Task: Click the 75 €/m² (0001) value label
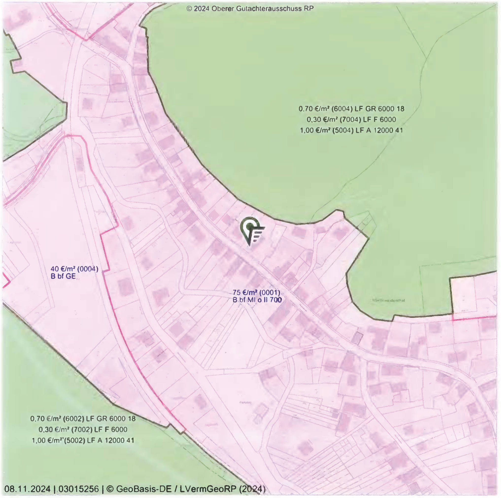[256, 292]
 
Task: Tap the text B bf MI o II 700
[257, 300]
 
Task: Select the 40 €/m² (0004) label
[74, 269]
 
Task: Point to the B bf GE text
[63, 276]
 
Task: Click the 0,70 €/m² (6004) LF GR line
[351, 109]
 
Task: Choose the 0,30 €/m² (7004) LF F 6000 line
[351, 120]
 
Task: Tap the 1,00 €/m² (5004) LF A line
[351, 130]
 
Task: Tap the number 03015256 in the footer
[79, 489]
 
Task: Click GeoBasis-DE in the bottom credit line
[144, 489]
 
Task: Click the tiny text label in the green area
[388, 301]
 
